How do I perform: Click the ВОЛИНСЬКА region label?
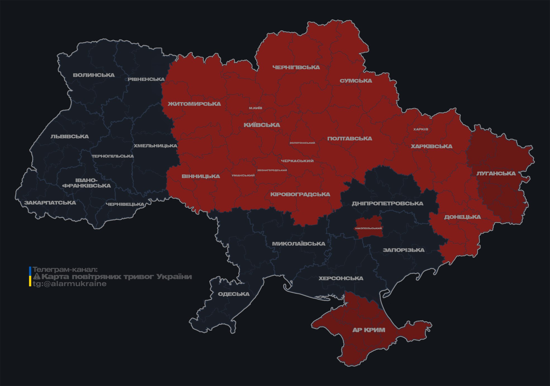click(94, 75)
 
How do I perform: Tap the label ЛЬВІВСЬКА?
click(70, 136)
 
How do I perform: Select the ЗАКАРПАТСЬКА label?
click(50, 203)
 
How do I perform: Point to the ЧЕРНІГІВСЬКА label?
click(296, 67)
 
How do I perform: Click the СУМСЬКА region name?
click(356, 81)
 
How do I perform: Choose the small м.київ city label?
click(256, 108)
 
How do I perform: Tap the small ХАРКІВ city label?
click(421, 129)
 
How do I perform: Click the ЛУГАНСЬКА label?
click(496, 173)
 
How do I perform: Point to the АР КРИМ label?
click(369, 330)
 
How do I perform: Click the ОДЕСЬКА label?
click(234, 294)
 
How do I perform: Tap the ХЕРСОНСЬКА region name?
click(341, 278)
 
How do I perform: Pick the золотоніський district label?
click(302, 143)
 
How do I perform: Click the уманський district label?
click(243, 176)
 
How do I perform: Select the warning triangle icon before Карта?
click(37, 277)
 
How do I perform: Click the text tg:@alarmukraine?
click(69, 284)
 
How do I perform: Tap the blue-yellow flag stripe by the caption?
click(30, 277)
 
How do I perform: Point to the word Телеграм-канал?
click(65, 270)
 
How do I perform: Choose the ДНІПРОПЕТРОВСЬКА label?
click(387, 203)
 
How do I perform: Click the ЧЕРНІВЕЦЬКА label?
click(125, 204)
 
